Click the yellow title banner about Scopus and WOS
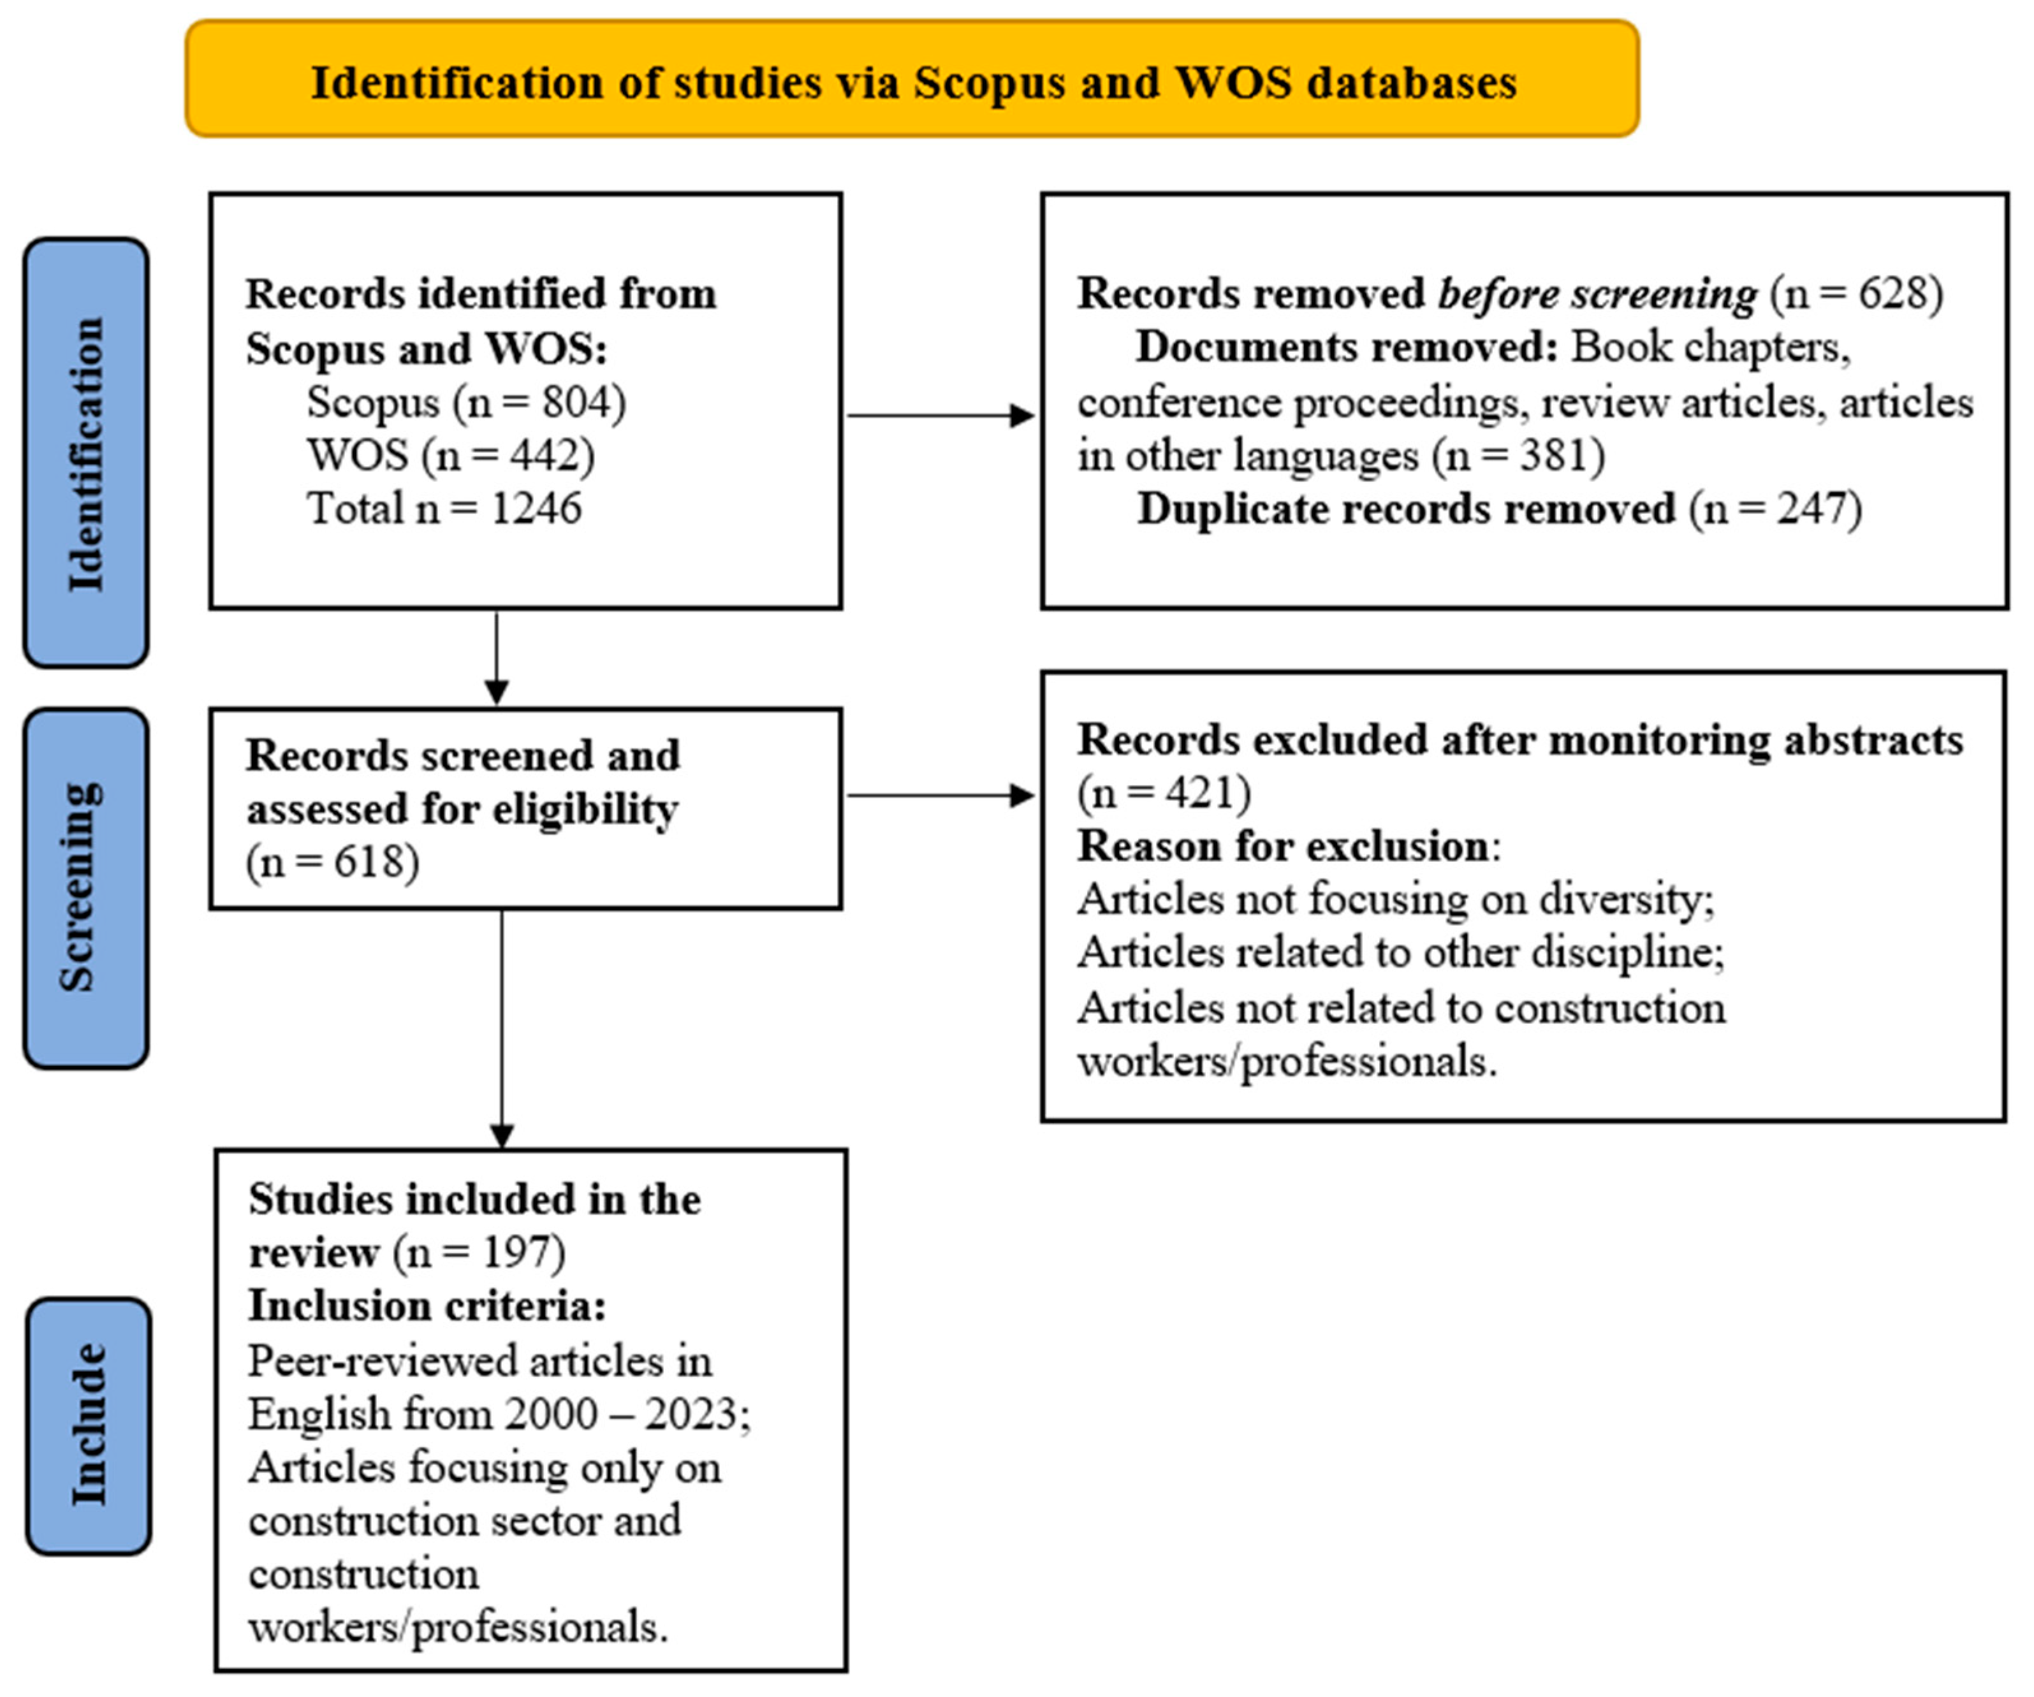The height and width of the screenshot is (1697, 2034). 912,80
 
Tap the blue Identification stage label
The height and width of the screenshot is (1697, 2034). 86,453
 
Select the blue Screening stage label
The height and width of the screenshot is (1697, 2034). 86,887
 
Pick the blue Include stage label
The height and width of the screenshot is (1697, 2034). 88,1425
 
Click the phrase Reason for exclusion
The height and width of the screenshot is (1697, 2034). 1284,847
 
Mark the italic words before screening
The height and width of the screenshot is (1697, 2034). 1596,293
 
